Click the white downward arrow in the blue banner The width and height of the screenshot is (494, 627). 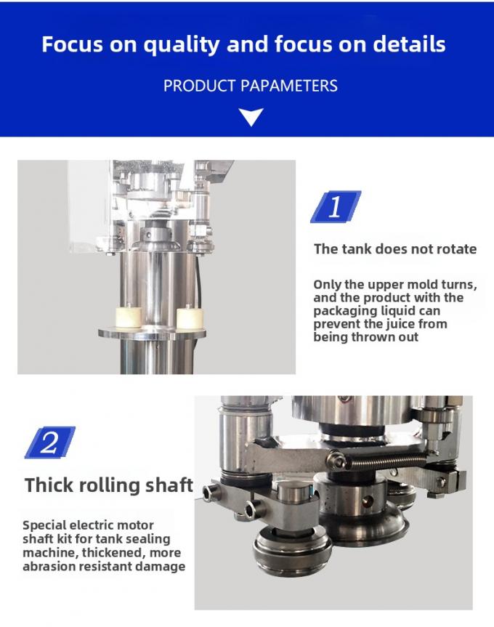(x=251, y=116)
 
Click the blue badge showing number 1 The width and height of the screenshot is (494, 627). (x=335, y=208)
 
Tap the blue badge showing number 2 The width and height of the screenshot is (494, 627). (x=49, y=442)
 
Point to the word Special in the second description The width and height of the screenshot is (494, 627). (x=45, y=525)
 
